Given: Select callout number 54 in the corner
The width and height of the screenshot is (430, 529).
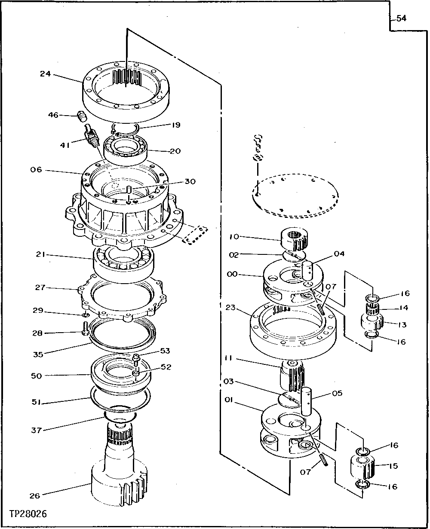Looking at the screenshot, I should [401, 18].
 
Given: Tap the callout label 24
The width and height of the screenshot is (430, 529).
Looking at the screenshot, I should [46, 73].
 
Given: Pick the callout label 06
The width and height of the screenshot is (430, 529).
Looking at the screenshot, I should [36, 170].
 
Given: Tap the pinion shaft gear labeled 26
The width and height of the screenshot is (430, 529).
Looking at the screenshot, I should [118, 477].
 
